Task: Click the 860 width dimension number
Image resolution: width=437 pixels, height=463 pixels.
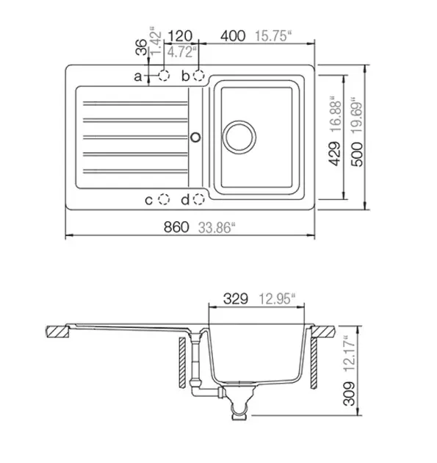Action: pyautogui.click(x=176, y=227)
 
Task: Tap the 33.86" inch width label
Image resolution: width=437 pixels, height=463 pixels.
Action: pyautogui.click(x=217, y=228)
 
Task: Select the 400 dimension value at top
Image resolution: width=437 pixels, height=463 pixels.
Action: pyautogui.click(x=233, y=36)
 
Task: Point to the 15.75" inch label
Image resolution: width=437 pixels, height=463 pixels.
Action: pyautogui.click(x=273, y=36)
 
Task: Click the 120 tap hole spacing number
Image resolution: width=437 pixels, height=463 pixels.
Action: pyautogui.click(x=180, y=36)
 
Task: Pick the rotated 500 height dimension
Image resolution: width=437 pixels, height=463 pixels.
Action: pyautogui.click(x=357, y=154)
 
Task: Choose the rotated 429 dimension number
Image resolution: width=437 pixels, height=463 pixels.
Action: pyautogui.click(x=335, y=154)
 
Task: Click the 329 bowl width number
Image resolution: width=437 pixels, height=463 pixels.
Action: pyautogui.click(x=236, y=299)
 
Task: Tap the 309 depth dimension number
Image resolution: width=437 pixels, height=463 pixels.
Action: pyautogui.click(x=350, y=394)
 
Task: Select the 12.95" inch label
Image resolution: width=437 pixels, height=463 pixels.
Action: pyautogui.click(x=277, y=299)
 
